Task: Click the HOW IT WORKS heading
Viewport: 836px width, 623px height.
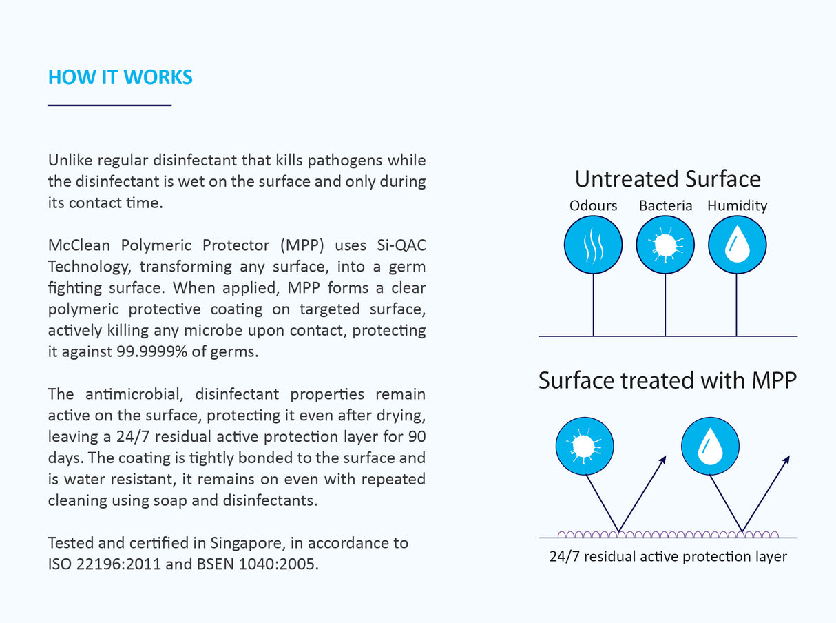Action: (x=121, y=77)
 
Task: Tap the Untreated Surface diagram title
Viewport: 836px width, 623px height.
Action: (x=667, y=179)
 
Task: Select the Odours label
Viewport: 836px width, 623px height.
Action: (x=594, y=205)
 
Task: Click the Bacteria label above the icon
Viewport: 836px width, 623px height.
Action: (x=666, y=205)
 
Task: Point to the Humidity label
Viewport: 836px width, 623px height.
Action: (x=738, y=206)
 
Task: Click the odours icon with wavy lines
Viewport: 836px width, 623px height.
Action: (x=594, y=245)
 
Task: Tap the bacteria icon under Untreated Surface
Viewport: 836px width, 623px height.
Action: (x=665, y=245)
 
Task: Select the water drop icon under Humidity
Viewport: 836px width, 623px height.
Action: (x=738, y=245)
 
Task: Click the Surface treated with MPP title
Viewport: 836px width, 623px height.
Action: (x=667, y=380)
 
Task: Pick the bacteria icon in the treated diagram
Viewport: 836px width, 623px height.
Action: (x=585, y=446)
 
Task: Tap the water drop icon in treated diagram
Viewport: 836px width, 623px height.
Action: (x=710, y=446)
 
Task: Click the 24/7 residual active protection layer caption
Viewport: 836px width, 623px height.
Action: (x=668, y=557)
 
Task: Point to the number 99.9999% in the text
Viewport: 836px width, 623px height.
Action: (x=152, y=351)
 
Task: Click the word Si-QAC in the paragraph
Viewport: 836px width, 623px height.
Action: (x=401, y=245)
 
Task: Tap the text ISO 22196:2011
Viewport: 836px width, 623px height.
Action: (x=105, y=564)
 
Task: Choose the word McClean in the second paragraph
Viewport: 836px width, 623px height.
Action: (x=79, y=245)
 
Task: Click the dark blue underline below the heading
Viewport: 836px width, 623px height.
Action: (x=109, y=105)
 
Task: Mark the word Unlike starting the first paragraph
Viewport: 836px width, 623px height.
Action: (x=70, y=161)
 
